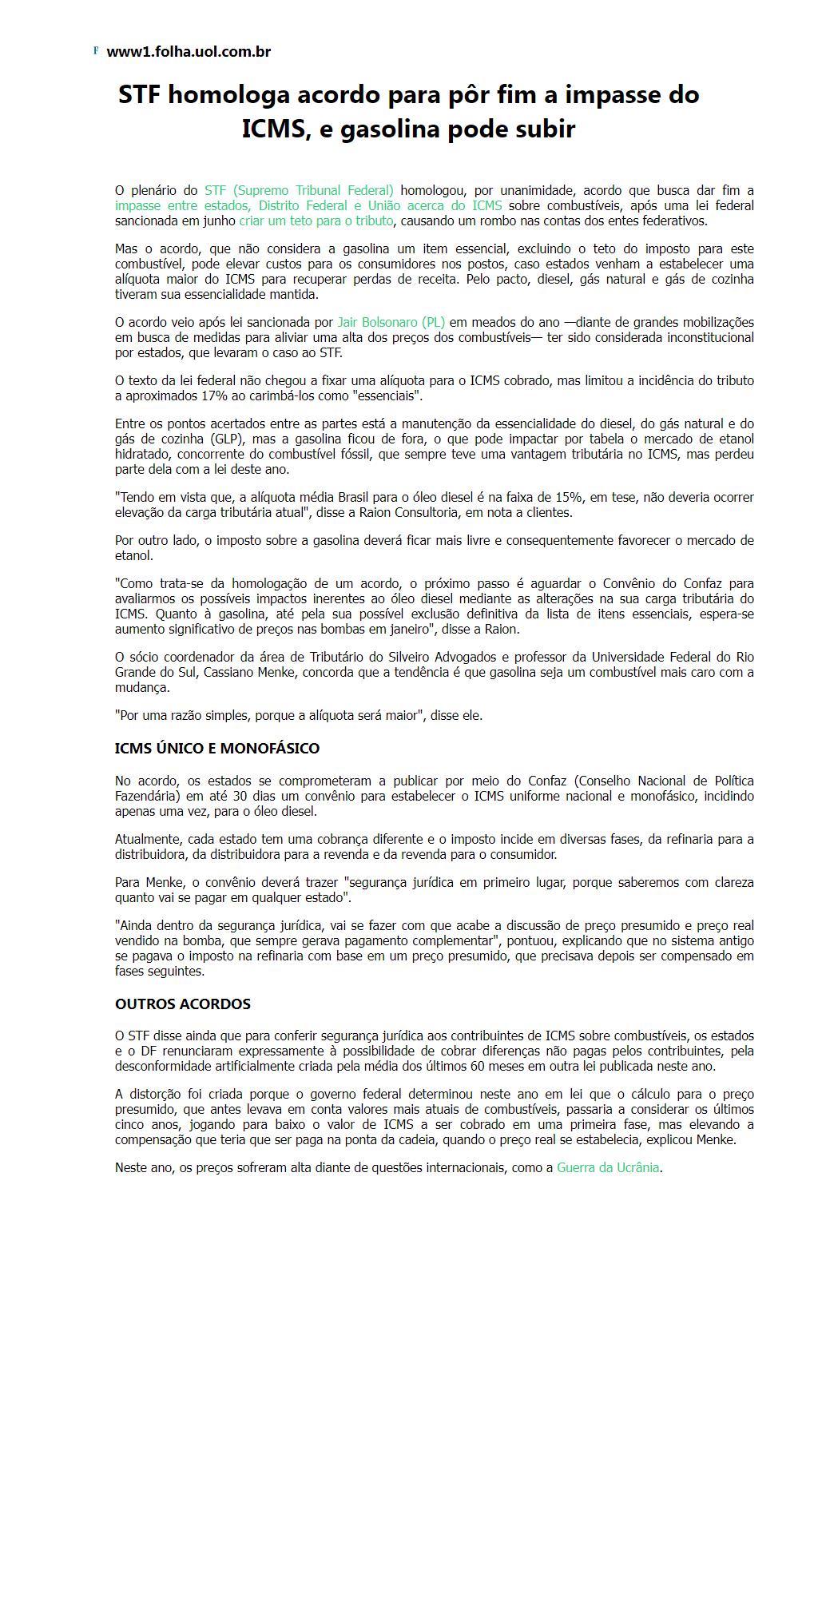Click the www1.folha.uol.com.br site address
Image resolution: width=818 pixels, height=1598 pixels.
click(189, 52)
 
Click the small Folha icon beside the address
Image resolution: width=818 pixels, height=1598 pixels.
click(96, 50)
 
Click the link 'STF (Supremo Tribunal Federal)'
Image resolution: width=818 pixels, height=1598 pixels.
click(299, 190)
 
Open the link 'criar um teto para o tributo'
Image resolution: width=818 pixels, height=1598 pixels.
click(316, 221)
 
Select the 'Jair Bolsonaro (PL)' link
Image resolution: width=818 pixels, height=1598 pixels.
click(391, 322)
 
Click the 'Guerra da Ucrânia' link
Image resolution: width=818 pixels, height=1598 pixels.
click(608, 1167)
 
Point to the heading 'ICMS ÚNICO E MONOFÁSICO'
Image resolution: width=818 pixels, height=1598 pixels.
click(217, 749)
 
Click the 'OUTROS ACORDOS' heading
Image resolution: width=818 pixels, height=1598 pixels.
click(183, 1004)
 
